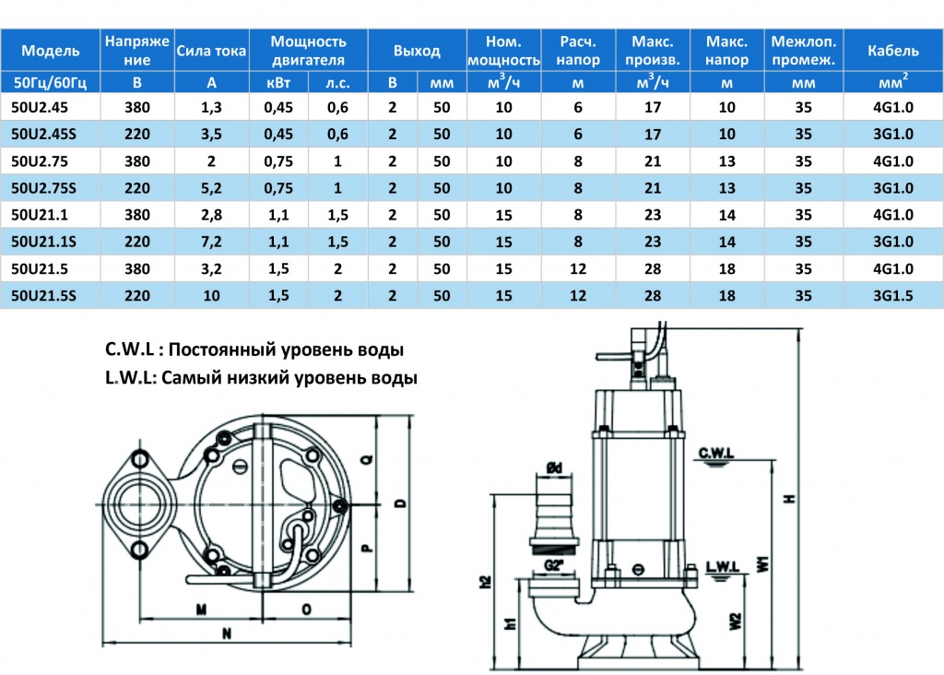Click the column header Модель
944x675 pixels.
[50, 51]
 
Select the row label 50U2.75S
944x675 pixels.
[43, 188]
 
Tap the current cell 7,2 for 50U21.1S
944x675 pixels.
[211, 243]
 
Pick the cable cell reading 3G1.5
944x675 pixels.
[892, 296]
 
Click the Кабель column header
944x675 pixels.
[892, 51]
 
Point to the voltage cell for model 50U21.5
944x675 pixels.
[137, 268]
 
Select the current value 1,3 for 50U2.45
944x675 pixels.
[211, 107]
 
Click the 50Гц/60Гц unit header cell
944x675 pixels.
[50, 82]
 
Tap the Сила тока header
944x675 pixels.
[211, 51]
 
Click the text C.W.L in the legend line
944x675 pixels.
[129, 349]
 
